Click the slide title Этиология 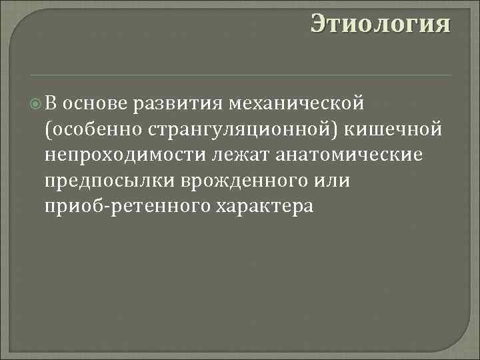tap(381, 26)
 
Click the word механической tap(296, 103)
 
